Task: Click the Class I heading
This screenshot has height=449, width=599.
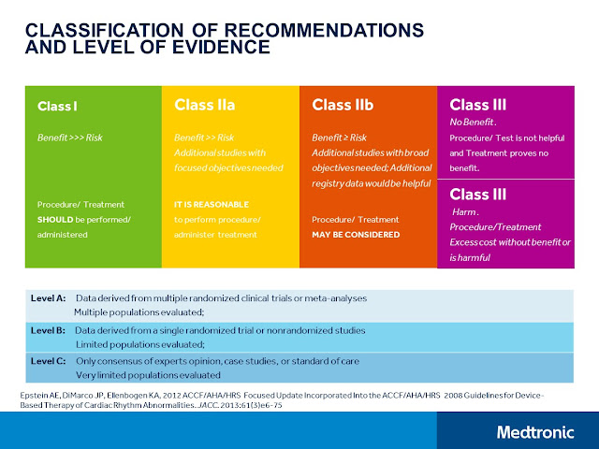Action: pyautogui.click(x=58, y=106)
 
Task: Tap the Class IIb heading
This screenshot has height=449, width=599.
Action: pyautogui.click(x=343, y=105)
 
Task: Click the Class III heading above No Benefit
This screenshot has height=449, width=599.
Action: pyautogui.click(x=478, y=105)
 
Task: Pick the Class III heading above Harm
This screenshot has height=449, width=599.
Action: pyautogui.click(x=478, y=195)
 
